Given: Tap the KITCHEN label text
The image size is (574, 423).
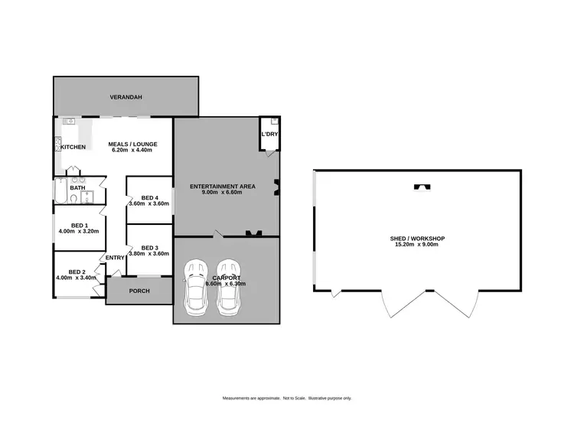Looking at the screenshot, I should coord(73,147).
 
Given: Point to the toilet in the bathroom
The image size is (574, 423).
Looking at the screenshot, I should coord(73,199).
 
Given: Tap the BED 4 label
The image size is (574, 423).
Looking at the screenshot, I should coord(150,197).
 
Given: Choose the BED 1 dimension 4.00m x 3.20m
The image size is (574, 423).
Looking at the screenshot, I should coord(80,231).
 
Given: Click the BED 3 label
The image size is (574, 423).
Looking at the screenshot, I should coord(150,247).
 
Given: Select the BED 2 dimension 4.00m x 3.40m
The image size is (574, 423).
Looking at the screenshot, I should coord(77,278).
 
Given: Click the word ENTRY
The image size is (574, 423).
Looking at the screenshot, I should coord(115,258).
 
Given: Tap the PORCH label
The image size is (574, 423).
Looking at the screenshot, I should coord(139,291).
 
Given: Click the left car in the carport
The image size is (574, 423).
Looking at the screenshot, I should coord(195,285).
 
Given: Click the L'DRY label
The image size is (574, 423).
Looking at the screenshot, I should coord(269,135).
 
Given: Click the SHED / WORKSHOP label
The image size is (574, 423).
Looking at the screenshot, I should coord(417,238).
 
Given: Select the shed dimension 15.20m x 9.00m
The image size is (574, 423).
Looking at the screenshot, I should coord(417,246).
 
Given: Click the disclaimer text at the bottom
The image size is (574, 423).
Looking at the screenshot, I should coord(287,399).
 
